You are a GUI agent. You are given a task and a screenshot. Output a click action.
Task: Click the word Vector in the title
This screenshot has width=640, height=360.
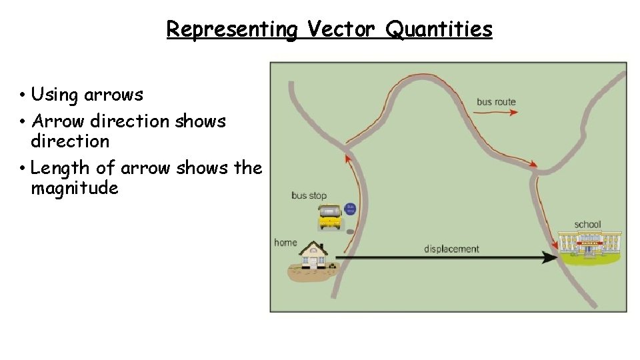click(342, 29)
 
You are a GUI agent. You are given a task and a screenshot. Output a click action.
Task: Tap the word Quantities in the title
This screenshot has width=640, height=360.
click(439, 29)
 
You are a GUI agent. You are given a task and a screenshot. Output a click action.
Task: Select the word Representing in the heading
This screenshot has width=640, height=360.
click(231, 29)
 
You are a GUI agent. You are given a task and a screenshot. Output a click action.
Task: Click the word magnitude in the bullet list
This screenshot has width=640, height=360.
click(74, 188)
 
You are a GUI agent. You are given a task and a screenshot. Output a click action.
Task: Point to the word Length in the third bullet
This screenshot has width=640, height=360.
click(55, 168)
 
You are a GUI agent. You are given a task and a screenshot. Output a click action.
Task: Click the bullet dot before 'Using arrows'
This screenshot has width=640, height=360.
click(23, 95)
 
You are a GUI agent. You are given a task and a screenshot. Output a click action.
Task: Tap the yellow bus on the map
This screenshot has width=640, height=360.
click(329, 217)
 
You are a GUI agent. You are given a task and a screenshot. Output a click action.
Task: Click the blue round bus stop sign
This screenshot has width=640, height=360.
click(351, 209)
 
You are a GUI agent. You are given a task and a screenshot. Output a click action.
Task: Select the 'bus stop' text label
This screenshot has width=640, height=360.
click(309, 195)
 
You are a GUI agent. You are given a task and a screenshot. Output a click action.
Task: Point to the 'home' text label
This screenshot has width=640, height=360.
click(285, 242)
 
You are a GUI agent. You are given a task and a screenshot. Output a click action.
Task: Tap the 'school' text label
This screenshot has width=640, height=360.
click(587, 225)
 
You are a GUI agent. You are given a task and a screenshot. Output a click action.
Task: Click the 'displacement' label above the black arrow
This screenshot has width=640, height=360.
click(451, 249)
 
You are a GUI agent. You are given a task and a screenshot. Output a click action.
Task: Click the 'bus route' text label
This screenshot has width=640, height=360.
click(496, 102)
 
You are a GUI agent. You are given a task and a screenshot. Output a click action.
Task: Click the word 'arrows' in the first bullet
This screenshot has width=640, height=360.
click(113, 95)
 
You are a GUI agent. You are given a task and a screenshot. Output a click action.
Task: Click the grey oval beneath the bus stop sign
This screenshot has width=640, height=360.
click(351, 231)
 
